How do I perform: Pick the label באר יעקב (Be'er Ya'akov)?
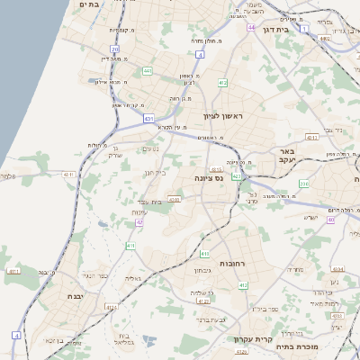287,156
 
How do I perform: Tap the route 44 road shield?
251,28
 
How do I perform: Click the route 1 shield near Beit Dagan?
304,30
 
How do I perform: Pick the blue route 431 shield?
148,118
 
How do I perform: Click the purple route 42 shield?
139,221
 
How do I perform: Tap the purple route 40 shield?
331,219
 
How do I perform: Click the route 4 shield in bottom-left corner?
15,335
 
